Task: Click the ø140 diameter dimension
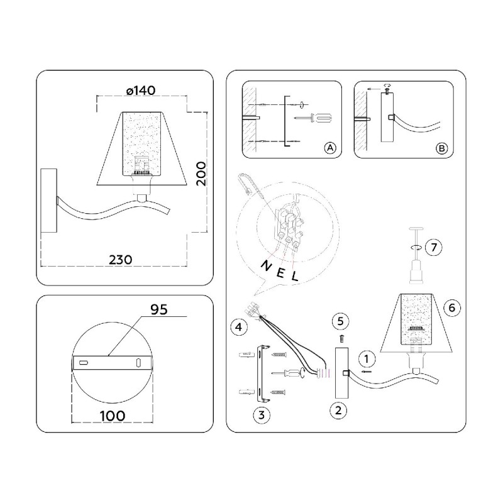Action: click(x=141, y=91)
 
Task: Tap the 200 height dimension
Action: click(x=201, y=174)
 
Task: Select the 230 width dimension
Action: click(x=120, y=260)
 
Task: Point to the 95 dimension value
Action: click(x=159, y=309)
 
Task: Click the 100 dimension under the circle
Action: click(x=113, y=416)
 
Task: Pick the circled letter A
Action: click(x=330, y=148)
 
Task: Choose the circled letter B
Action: click(x=442, y=148)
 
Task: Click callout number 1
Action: click(x=367, y=359)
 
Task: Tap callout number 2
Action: click(x=338, y=411)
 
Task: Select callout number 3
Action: click(x=262, y=415)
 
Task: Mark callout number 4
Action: click(x=239, y=327)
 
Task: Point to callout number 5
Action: click(x=341, y=321)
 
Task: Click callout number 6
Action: click(x=452, y=308)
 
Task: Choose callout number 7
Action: click(x=434, y=247)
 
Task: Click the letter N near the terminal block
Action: click(x=267, y=266)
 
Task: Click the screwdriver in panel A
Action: click(x=312, y=118)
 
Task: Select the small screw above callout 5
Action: click(x=341, y=338)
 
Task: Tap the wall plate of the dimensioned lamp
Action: click(x=49, y=201)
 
